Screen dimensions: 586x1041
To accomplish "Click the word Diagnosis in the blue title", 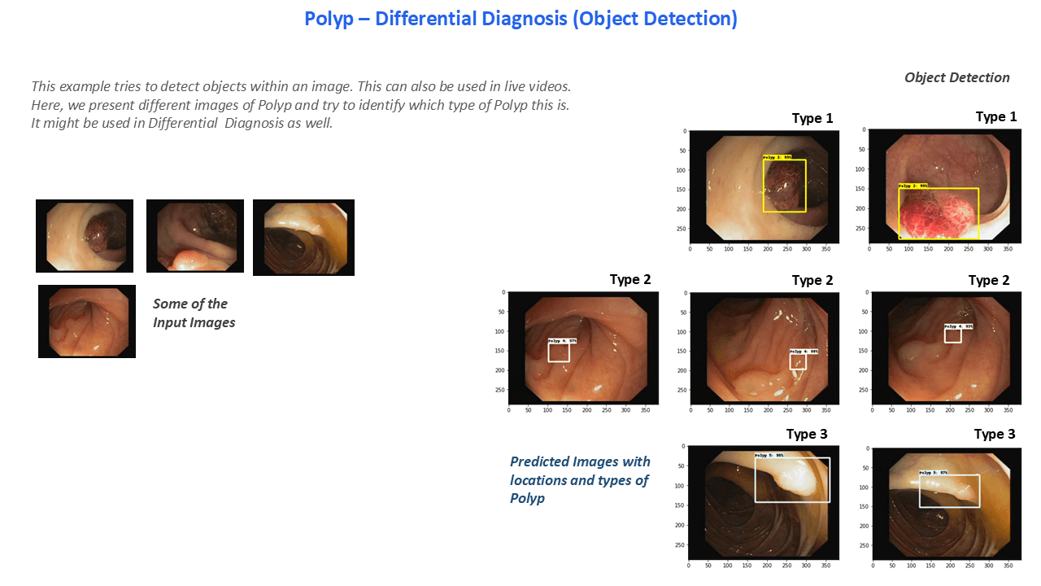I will tap(529, 19).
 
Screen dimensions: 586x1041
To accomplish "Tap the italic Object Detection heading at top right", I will tap(956, 77).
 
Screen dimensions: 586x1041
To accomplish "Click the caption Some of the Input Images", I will tap(194, 313).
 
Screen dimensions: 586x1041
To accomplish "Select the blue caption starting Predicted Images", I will tap(579, 480).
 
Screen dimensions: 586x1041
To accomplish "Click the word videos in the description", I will tap(553, 86).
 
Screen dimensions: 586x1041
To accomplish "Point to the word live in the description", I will tap(512, 86).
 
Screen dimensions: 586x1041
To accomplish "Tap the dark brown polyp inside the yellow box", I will tap(785, 186).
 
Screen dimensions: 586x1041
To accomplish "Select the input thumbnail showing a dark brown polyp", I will tap(85, 236).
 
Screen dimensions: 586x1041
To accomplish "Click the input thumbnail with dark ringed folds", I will tap(303, 238).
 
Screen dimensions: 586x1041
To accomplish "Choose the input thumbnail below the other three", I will tap(87, 321).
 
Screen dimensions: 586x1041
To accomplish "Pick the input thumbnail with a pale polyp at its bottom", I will tap(195, 236).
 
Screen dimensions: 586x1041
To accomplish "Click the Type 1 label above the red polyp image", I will tap(996, 117).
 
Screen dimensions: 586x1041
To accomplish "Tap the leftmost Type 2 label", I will tap(630, 280).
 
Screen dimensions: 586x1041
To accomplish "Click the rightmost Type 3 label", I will tap(995, 435).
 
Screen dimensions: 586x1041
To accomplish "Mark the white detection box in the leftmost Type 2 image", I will tap(558, 352).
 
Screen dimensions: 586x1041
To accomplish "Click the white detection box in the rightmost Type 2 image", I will tap(952, 335).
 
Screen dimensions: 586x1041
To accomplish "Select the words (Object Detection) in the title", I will tap(655, 19).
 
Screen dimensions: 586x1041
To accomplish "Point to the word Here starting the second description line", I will tap(46, 106).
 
